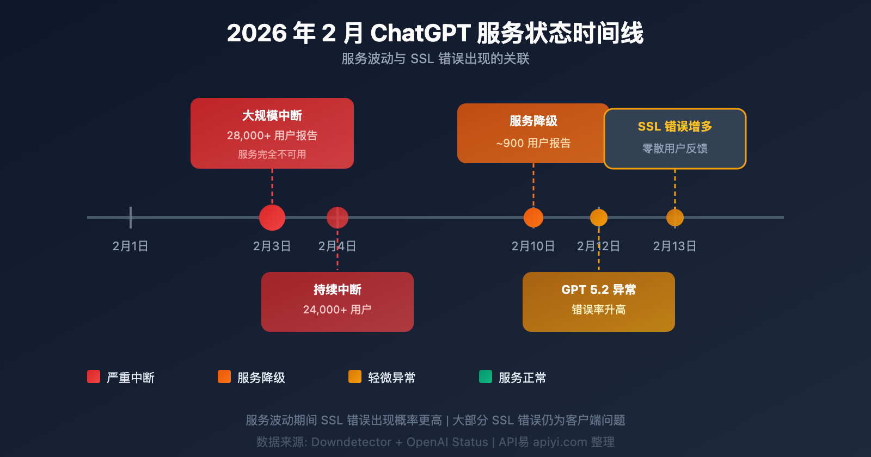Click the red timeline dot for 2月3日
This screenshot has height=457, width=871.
tap(272, 218)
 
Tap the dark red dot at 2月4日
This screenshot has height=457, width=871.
tap(338, 218)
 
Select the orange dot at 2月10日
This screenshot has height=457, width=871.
tap(533, 218)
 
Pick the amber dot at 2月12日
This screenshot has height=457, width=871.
tap(599, 218)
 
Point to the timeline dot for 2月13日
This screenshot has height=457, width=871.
tap(675, 218)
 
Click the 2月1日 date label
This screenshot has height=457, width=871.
tap(130, 246)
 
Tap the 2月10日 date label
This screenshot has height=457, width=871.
tap(533, 246)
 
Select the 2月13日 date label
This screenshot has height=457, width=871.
tap(674, 246)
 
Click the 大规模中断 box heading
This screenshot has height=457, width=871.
tap(272, 116)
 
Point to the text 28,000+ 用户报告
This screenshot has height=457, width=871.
tap(272, 135)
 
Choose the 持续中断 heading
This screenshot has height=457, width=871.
tap(338, 290)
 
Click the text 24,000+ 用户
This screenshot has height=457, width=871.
tap(338, 310)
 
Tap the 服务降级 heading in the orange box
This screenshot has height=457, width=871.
tap(533, 121)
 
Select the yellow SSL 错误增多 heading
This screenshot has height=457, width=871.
tap(675, 127)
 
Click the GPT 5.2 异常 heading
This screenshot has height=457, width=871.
tap(599, 290)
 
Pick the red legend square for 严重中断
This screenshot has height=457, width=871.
tap(94, 376)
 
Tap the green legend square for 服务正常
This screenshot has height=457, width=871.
tap(486, 376)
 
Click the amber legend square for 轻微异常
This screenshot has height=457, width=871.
tap(355, 376)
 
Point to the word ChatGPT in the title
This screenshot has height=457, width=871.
tap(420, 33)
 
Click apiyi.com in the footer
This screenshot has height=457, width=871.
tap(560, 442)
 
